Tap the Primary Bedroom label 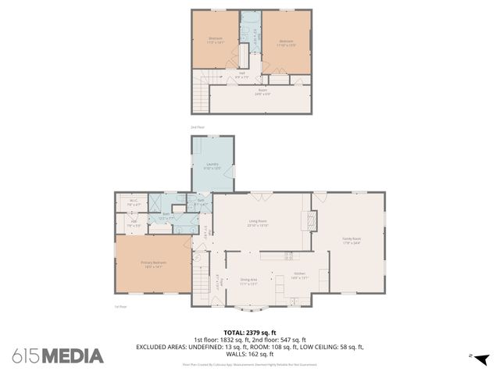tap(153, 264)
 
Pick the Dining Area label tap(249, 280)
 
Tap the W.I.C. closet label tap(134, 202)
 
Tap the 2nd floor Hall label tap(241, 76)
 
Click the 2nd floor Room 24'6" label tap(262, 91)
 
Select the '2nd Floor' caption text tap(198, 127)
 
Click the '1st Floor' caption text tap(120, 307)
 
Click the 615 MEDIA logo tap(58, 356)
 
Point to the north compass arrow tap(481, 359)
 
